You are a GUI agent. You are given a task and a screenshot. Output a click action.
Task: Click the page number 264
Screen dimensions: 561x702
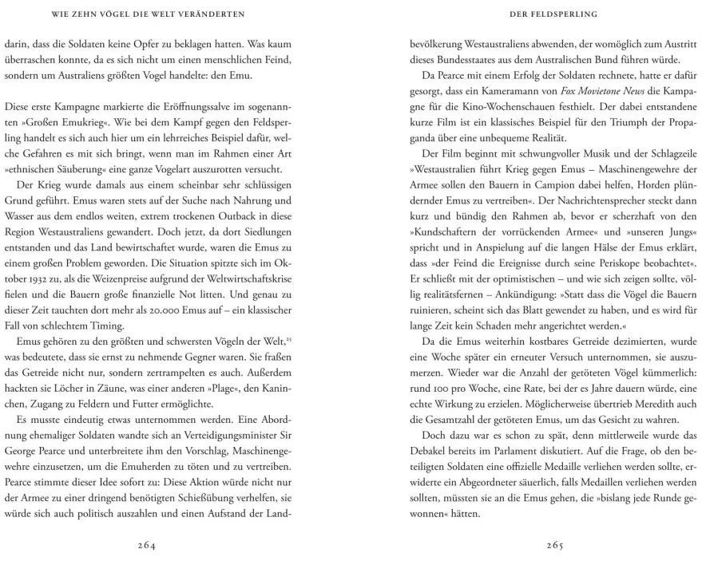146,546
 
